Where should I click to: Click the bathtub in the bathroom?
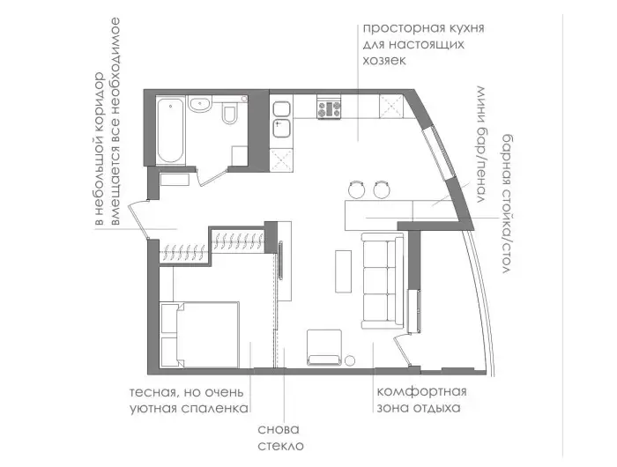pyautogui.click(x=170, y=130)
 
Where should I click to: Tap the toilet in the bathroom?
pyautogui.click(x=230, y=114)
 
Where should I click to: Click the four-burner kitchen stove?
pyautogui.click(x=330, y=108)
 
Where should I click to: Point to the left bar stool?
pyautogui.click(x=356, y=189)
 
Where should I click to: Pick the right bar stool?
pyautogui.click(x=382, y=189)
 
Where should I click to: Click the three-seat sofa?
pyautogui.click(x=383, y=281)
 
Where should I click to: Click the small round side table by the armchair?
pyautogui.click(x=350, y=360)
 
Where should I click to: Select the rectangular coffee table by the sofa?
pyautogui.click(x=343, y=271)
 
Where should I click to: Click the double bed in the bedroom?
pyautogui.click(x=200, y=335)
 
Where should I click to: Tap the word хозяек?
pyautogui.click(x=383, y=61)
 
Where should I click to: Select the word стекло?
pyautogui.click(x=281, y=446)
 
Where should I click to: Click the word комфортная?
pyautogui.click(x=422, y=392)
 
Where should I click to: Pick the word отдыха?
pyautogui.click(x=437, y=408)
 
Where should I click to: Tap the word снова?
pyautogui.click(x=279, y=429)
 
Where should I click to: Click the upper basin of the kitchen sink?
pyautogui.click(x=281, y=109)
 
